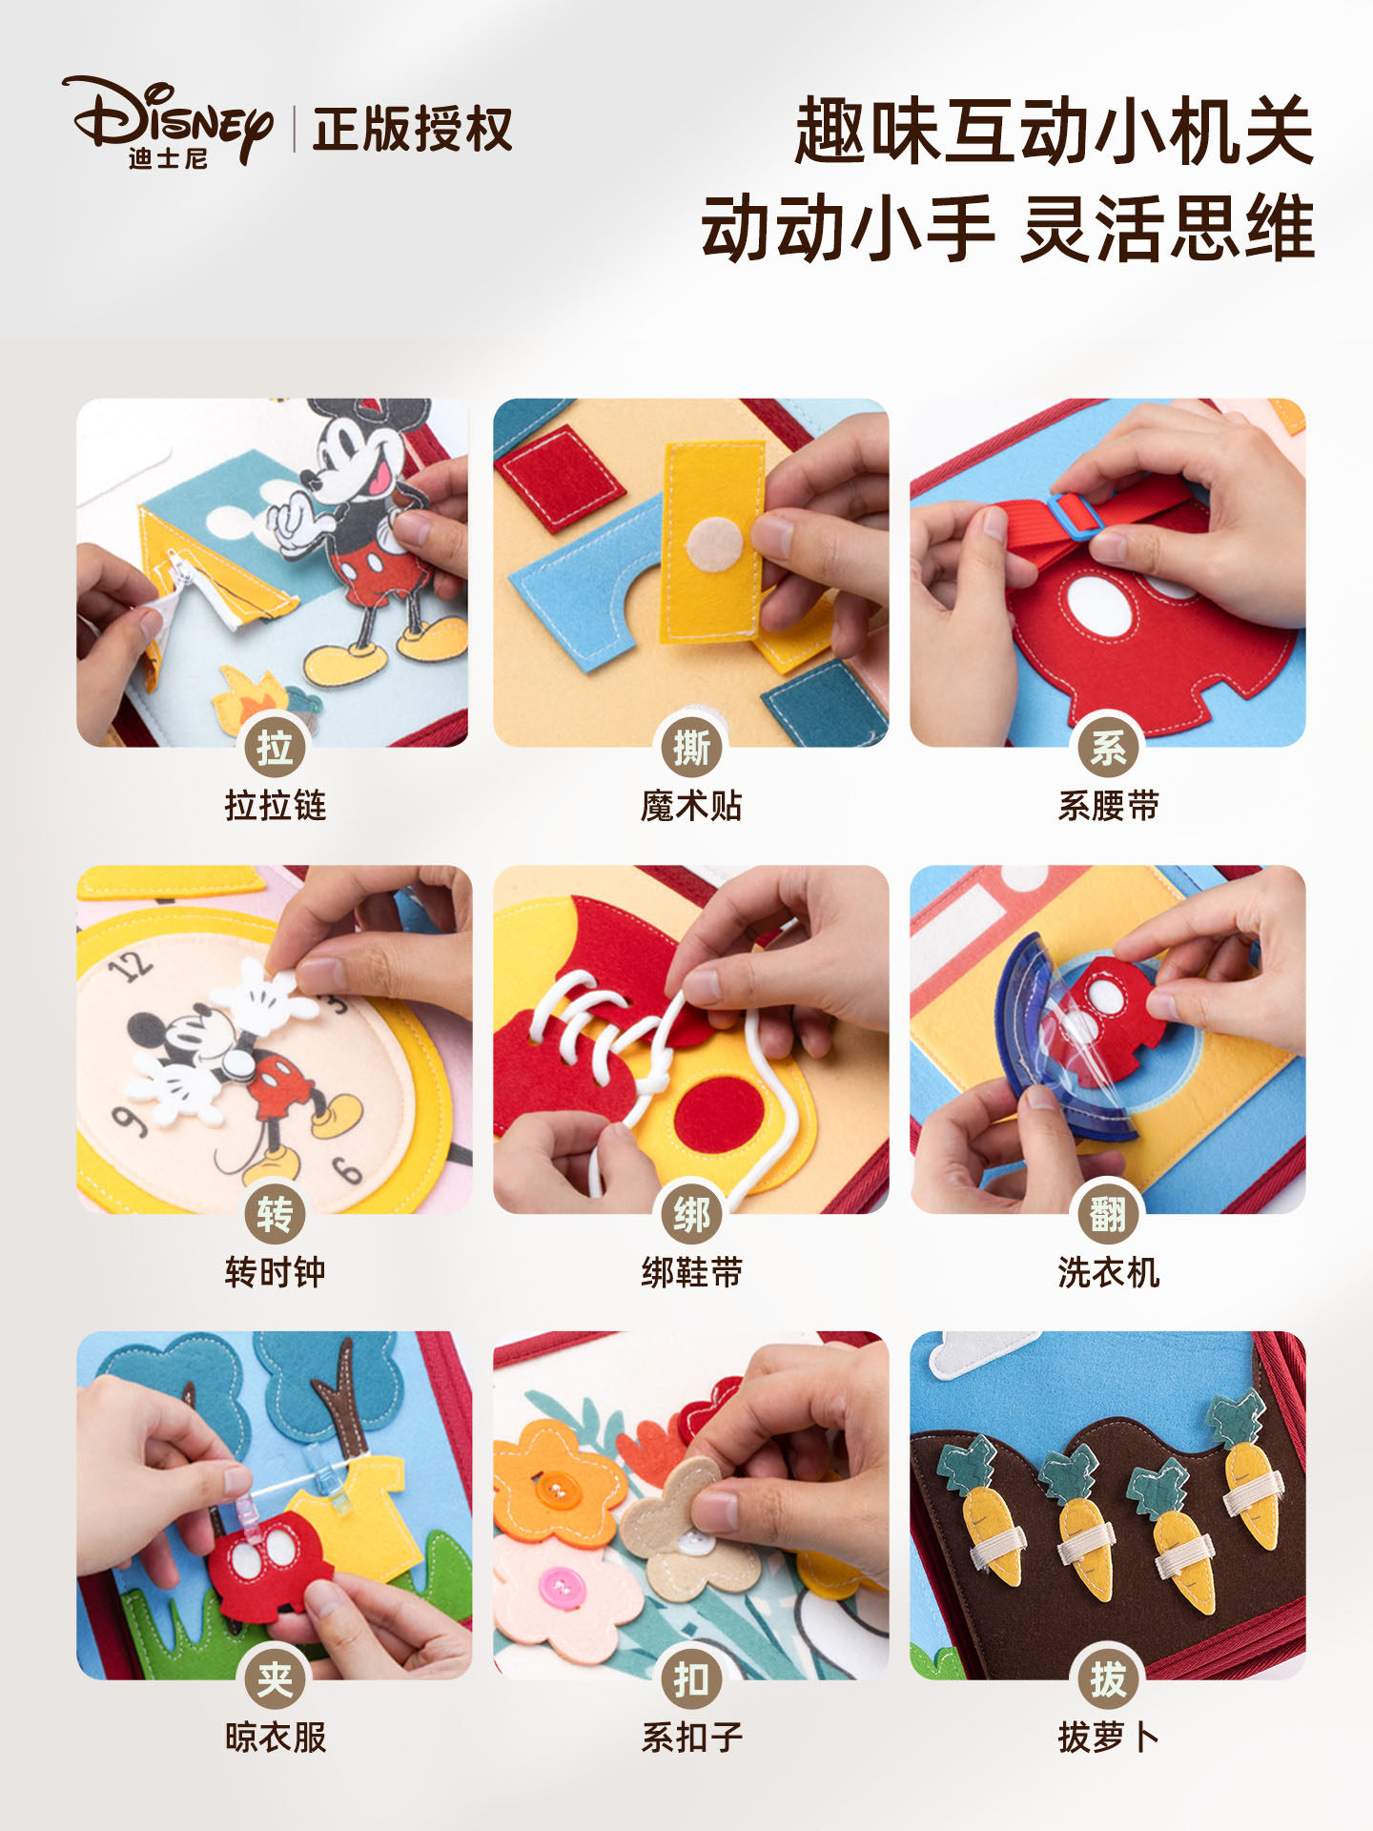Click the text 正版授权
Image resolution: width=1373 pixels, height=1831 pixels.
tap(412, 130)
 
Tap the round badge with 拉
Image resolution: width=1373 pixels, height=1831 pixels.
tap(275, 747)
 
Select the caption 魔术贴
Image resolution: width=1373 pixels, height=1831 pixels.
tap(690, 806)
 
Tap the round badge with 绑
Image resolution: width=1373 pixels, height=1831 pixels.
tap(690, 1214)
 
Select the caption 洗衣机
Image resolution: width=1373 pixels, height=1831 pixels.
tap(1108, 1272)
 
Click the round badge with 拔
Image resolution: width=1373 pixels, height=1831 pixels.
tap(1108, 1679)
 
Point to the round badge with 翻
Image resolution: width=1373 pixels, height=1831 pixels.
tap(1108, 1214)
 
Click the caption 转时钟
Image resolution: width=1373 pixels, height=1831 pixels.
tap(275, 1272)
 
